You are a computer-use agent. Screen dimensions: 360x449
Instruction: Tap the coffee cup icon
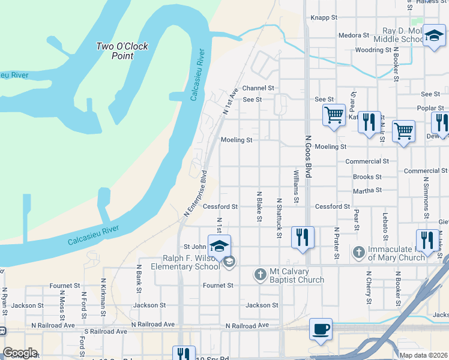coord(321,329)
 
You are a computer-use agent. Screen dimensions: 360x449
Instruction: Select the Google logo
coord(20,353)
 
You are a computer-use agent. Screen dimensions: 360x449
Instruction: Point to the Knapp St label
coord(324,18)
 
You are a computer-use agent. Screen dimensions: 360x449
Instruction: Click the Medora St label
coord(354,35)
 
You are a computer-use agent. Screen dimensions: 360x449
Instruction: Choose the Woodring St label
coord(373,50)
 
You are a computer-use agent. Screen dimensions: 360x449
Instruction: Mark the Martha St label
coord(367,190)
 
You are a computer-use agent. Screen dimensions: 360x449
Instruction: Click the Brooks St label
coord(367,177)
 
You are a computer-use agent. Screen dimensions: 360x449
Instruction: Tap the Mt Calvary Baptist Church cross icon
coord(260,275)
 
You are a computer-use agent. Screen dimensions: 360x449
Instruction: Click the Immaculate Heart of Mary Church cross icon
coord(359,253)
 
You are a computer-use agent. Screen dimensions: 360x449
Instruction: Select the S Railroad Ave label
coord(106,331)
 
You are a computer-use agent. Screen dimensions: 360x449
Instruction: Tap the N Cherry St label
coord(368,284)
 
